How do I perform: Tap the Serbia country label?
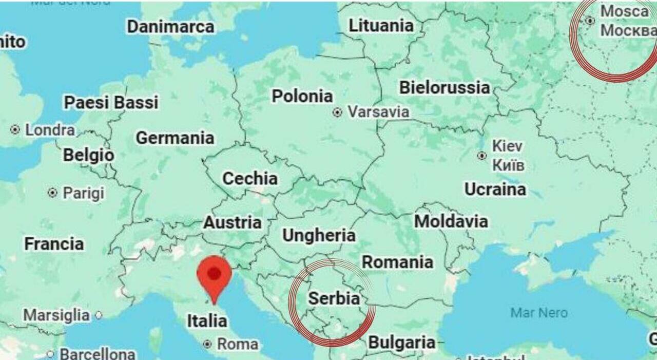[334, 298]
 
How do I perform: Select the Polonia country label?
[302, 96]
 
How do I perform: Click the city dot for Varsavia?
[337, 112]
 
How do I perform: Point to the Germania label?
[175, 138]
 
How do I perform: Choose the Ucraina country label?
[495, 190]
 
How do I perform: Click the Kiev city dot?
[481, 156]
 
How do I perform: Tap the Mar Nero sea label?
[539, 312]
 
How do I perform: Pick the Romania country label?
[397, 262]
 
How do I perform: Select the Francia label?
[54, 243]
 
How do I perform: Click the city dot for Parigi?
[52, 193]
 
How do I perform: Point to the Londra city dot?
[15, 130]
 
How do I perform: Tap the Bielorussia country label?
[444, 87]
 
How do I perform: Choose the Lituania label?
[381, 26]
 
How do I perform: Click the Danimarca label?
[170, 27]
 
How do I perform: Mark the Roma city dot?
[207, 344]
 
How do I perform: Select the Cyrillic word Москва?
[628, 31]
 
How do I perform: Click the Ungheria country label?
[319, 235]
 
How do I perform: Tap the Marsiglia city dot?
[99, 315]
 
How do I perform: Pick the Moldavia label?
[451, 221]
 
